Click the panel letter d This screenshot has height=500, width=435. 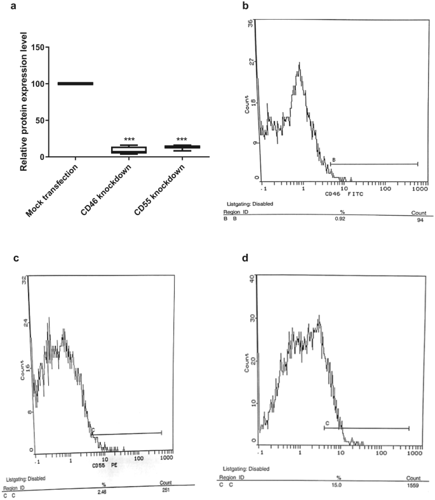coord(239,259)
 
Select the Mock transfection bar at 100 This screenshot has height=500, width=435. coord(76,83)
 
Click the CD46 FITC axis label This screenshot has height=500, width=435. coord(340,193)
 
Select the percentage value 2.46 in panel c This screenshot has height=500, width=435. coord(102,490)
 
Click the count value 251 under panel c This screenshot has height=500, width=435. coord(165,490)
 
